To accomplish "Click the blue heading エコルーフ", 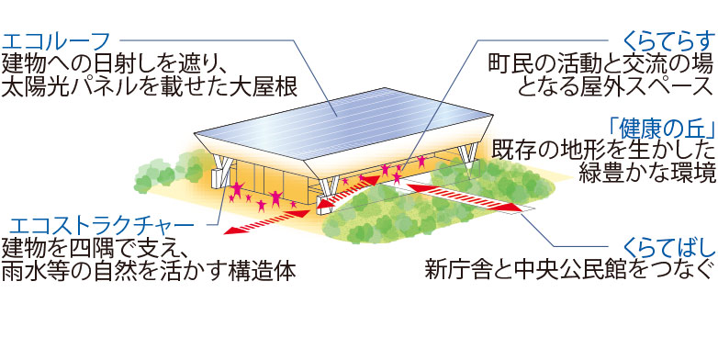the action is tap(57, 41).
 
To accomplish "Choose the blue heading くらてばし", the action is tap(669, 250).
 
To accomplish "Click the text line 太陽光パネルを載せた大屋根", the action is tap(150, 87).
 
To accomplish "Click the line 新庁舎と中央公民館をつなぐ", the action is tap(569, 271).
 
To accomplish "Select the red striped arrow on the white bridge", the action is tap(464, 197).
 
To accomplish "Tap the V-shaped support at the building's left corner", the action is tap(223, 171).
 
